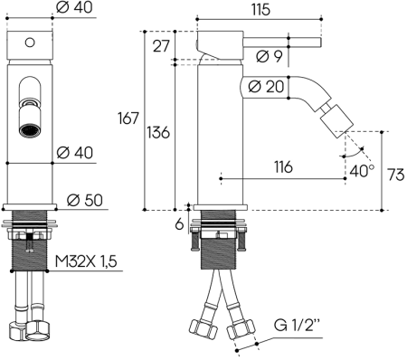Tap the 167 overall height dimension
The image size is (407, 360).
128,118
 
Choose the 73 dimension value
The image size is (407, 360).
394,174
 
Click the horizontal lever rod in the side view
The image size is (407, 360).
271,40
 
